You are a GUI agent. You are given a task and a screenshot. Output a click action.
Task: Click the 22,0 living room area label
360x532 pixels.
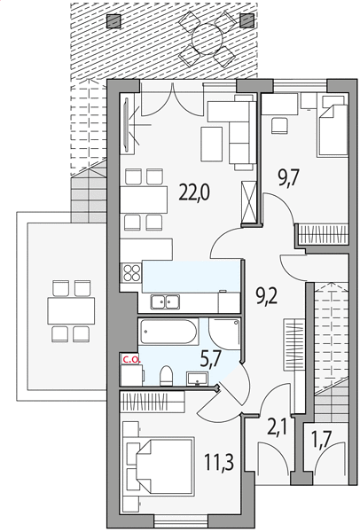pyautogui.click(x=194, y=193)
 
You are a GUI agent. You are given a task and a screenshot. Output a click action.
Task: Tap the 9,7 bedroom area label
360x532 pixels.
pyautogui.click(x=289, y=179)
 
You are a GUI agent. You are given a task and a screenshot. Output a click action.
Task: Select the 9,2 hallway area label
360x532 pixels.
pyautogui.click(x=266, y=297)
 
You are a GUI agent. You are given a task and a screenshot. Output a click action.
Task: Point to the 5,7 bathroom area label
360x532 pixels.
pyautogui.click(x=210, y=360)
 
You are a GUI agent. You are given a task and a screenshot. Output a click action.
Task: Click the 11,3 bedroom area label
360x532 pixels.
pyautogui.click(x=220, y=462)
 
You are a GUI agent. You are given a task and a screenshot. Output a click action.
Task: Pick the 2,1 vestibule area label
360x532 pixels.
pyautogui.click(x=278, y=427)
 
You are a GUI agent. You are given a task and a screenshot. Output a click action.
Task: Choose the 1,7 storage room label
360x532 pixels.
pyautogui.click(x=321, y=441)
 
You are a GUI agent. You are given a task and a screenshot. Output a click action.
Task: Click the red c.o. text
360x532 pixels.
pyautogui.click(x=131, y=360)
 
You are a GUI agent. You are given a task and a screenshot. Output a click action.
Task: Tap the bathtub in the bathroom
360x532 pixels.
pyautogui.click(x=168, y=332)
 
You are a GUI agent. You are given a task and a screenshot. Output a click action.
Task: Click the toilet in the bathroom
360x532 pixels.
pyautogui.click(x=166, y=376)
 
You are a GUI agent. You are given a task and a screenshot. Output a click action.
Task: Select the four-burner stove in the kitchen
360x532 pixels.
pyautogui.click(x=131, y=273)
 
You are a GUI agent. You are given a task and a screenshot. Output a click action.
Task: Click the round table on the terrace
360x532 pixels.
pyautogui.click(x=207, y=39)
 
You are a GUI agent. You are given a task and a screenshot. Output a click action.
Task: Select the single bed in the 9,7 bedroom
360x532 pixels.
pyautogui.click(x=333, y=130)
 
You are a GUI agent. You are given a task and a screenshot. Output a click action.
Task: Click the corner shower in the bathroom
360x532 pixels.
pyautogui.click(x=224, y=334)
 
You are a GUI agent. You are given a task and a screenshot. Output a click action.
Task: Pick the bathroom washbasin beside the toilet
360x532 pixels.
pyautogui.click(x=197, y=379)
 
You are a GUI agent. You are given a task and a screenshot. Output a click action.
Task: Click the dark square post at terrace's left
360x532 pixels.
pyautogui.click(x=114, y=21)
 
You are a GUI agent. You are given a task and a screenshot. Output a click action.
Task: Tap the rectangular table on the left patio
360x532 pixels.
pyautogui.click(x=71, y=311)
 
